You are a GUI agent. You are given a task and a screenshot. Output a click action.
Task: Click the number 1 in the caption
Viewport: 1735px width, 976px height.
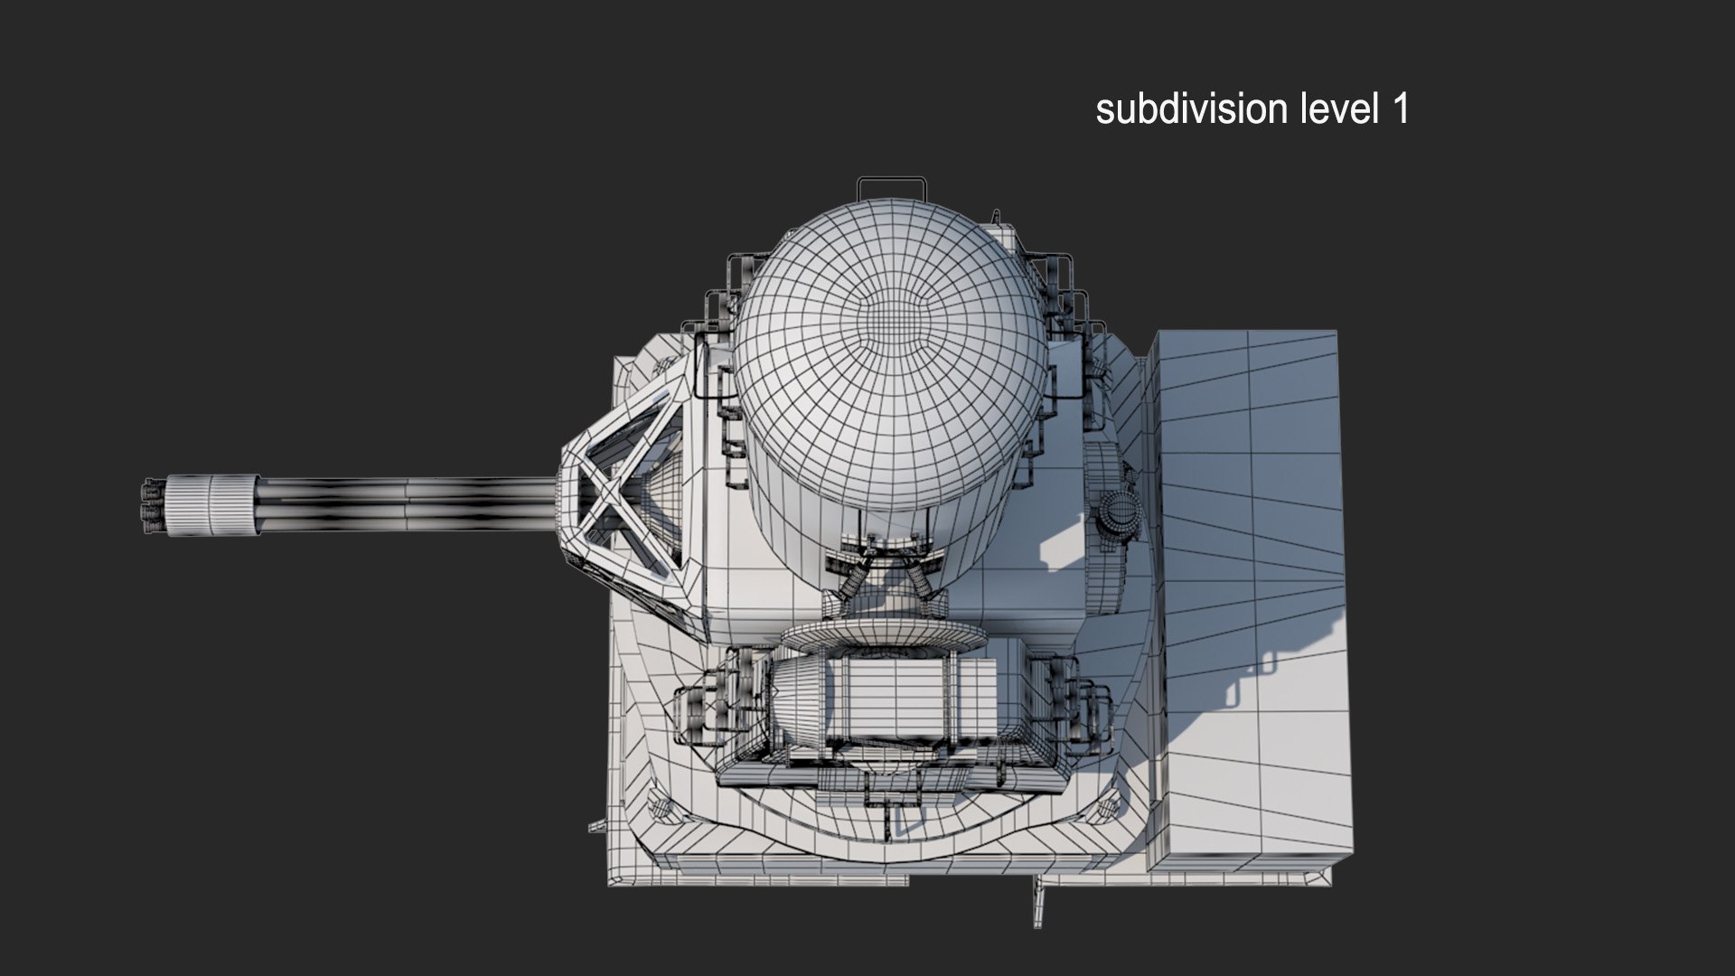coord(1399,109)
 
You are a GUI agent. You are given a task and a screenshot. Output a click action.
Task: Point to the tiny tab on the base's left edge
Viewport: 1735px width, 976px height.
coord(596,826)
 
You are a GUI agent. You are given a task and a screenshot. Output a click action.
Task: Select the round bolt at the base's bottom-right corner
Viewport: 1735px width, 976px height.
coord(1106,808)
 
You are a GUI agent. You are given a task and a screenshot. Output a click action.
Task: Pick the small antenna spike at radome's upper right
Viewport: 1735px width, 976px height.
coord(996,217)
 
